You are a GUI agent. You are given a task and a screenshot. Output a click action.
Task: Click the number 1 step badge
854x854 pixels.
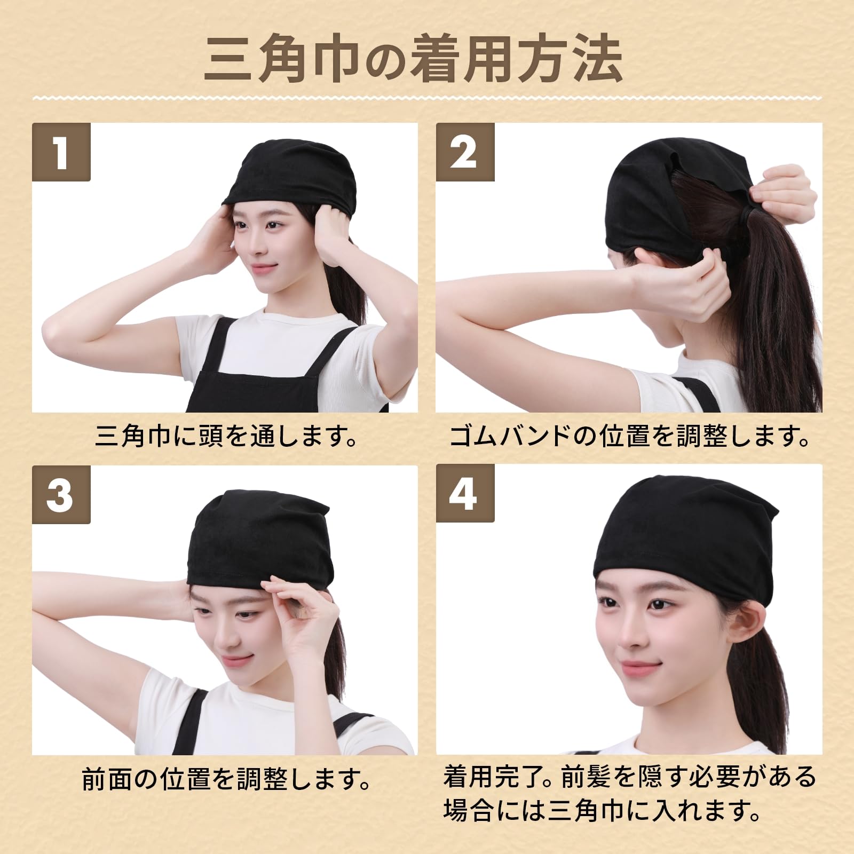[x=61, y=152]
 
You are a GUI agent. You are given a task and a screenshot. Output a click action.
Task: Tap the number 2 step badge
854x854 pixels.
[x=465, y=152]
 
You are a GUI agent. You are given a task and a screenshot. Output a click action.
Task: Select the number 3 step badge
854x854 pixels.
[x=61, y=495]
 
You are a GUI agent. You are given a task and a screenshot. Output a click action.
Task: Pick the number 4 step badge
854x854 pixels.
[x=465, y=495]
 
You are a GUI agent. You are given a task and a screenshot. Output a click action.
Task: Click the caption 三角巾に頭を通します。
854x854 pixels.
[x=227, y=436]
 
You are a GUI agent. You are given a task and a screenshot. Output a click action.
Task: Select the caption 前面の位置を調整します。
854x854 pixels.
[x=227, y=780]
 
